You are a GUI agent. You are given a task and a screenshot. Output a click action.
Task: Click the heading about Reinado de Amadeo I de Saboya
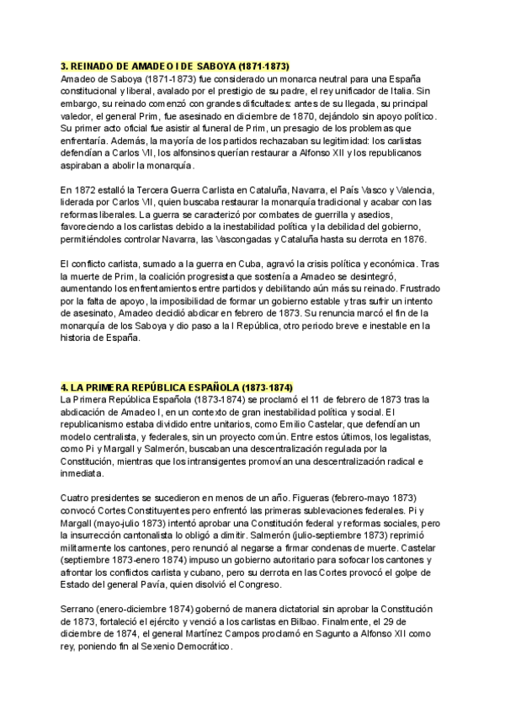pyautogui.click(x=175, y=65)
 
